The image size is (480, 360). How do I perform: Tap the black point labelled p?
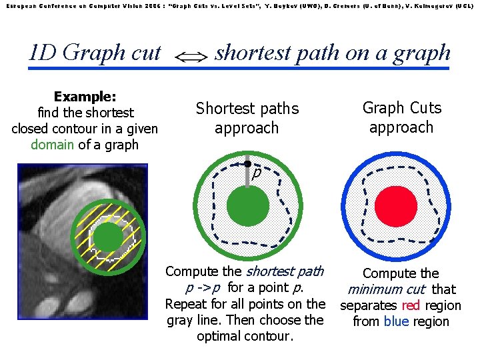pyautogui.click(x=247, y=163)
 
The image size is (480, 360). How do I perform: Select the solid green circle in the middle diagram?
pyautogui.click(x=248, y=207)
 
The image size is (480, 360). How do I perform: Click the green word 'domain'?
pyautogui.click(x=53, y=145)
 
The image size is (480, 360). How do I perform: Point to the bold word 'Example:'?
pyautogui.click(x=85, y=97)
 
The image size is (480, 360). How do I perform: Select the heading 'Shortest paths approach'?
pyautogui.click(x=247, y=117)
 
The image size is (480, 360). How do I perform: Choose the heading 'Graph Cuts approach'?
pyautogui.click(x=401, y=117)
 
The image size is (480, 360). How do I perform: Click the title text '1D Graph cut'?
pyautogui.click(x=95, y=52)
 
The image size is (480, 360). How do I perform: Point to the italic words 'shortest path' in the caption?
pyautogui.click(x=285, y=271)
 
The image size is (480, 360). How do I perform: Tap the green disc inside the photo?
pyautogui.click(x=107, y=236)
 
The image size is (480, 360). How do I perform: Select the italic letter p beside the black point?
pyautogui.click(x=255, y=173)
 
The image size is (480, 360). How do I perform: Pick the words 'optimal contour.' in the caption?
pyautogui.click(x=245, y=336)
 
